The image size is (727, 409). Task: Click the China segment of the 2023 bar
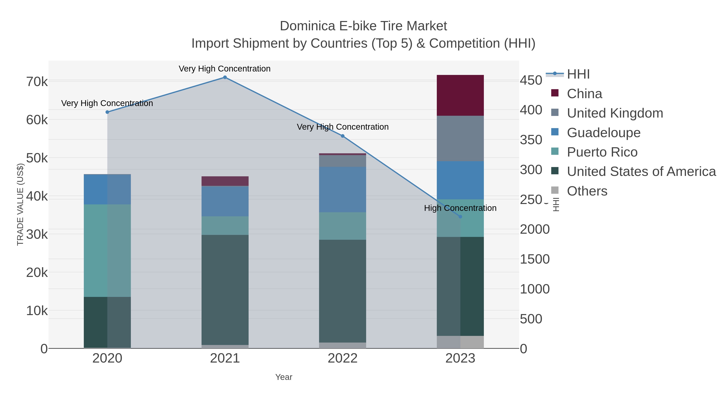click(x=460, y=95)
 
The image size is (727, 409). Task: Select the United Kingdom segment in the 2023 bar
click(x=460, y=138)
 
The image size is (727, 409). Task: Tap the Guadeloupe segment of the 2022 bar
click(x=342, y=189)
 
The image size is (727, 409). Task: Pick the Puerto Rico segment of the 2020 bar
click(x=107, y=250)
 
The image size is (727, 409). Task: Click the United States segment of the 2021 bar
click(x=225, y=290)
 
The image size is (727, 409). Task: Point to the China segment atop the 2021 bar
click(x=225, y=181)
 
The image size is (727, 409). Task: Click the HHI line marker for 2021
click(x=225, y=77)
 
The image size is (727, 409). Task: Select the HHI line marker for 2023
click(x=460, y=217)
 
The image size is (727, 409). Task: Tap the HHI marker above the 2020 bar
click(x=107, y=112)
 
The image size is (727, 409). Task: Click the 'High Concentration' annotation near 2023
click(x=460, y=208)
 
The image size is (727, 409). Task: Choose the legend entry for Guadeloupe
click(x=603, y=133)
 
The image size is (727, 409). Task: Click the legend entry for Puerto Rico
click(x=602, y=152)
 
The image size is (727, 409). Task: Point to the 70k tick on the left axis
click(x=37, y=82)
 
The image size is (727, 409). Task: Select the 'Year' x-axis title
click(x=284, y=377)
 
